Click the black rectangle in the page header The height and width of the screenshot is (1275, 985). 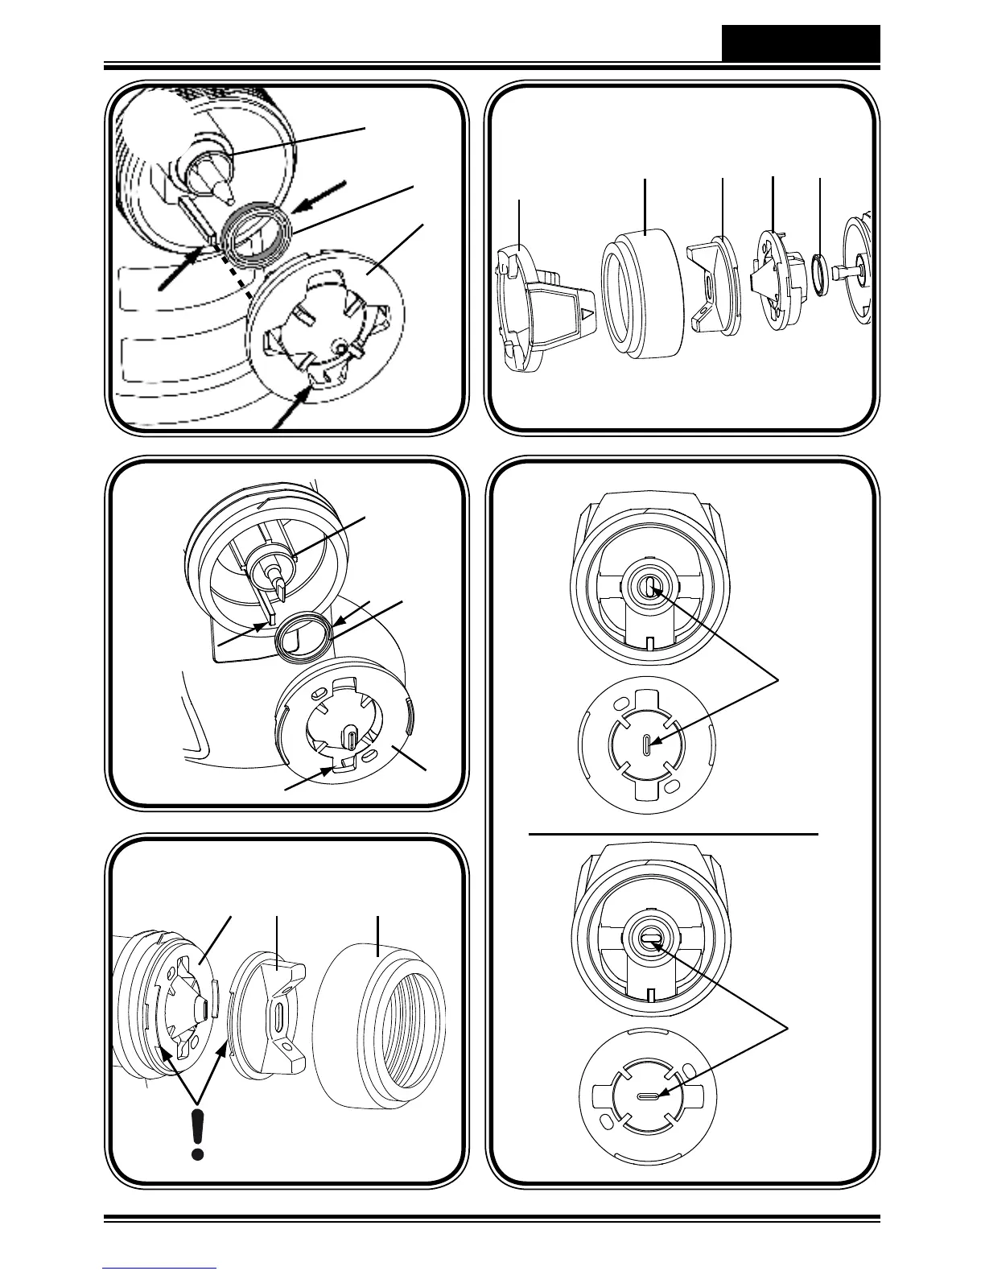(x=800, y=43)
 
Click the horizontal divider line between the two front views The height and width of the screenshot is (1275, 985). (x=673, y=836)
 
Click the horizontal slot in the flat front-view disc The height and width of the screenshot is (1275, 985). (x=648, y=1097)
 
